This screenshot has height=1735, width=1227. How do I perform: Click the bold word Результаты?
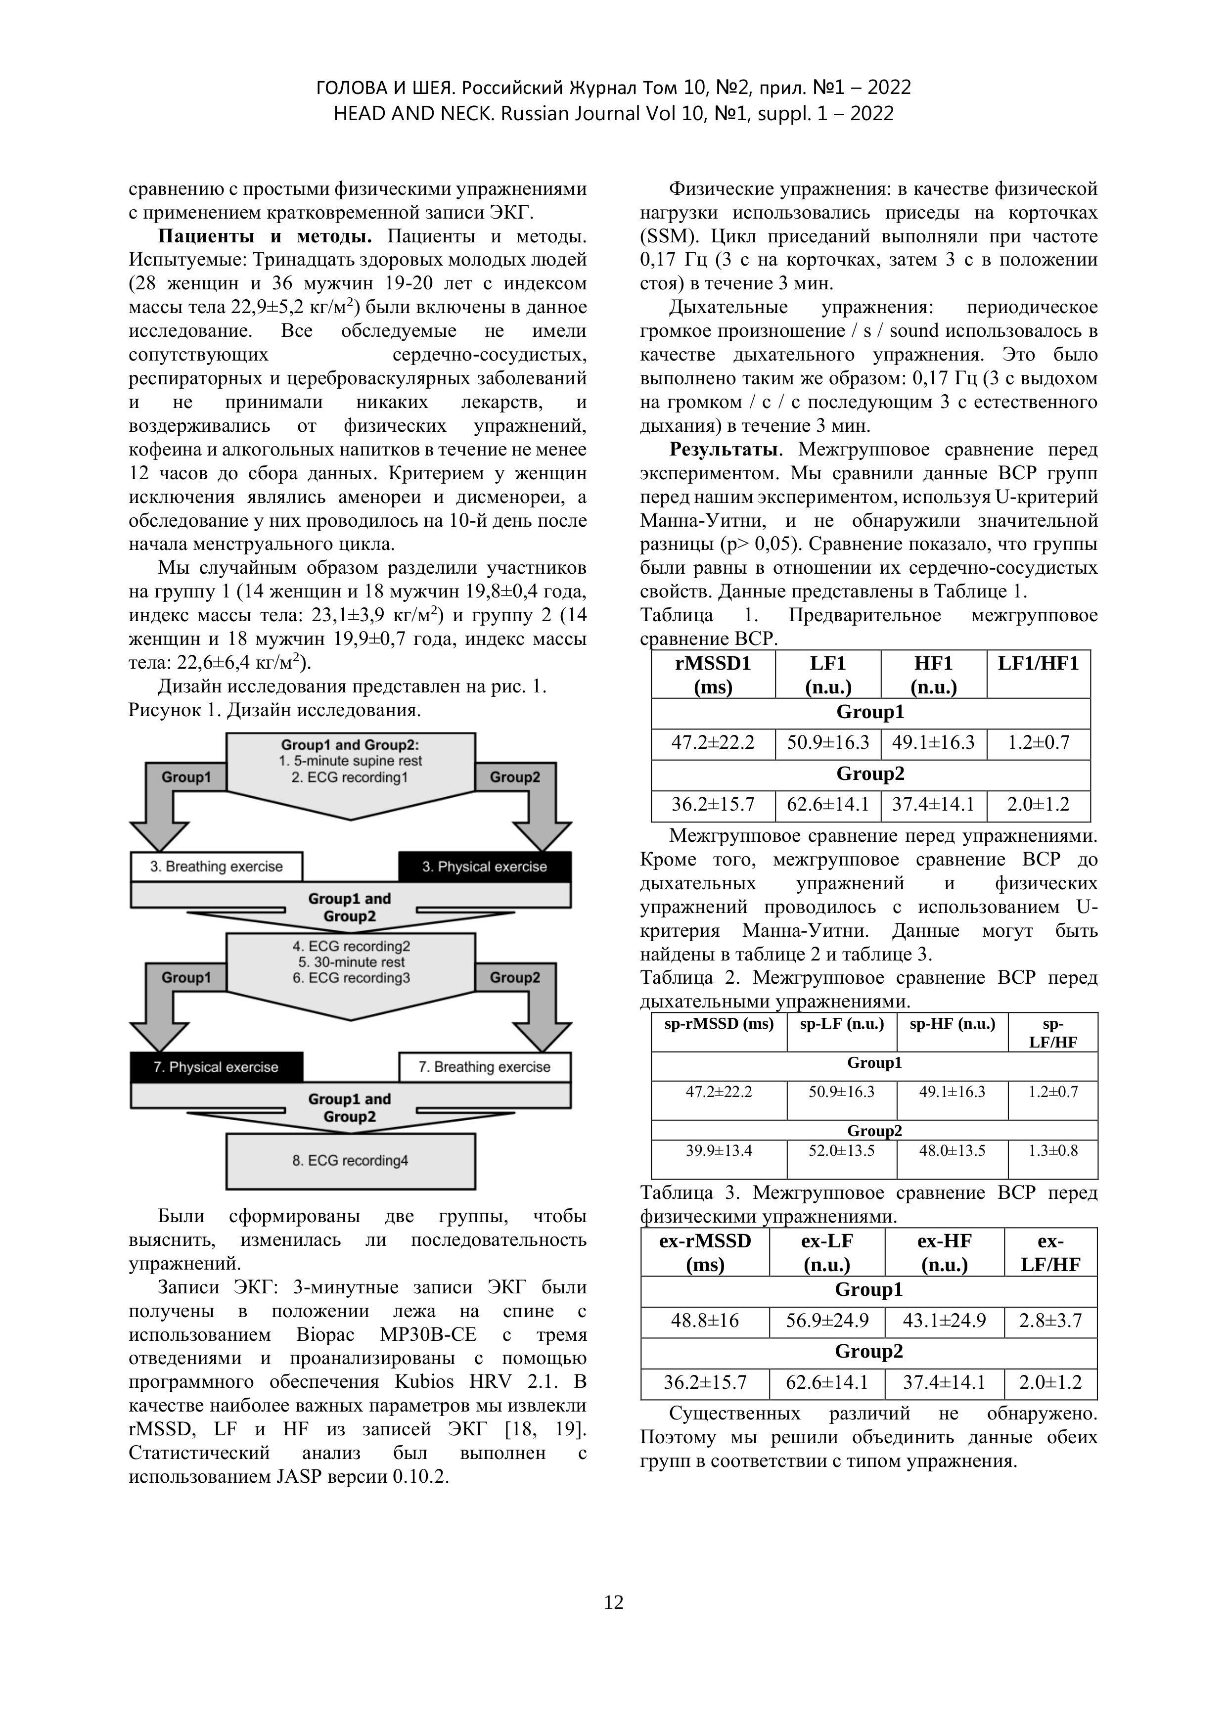(725, 450)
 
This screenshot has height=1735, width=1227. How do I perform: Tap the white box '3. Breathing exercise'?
(216, 867)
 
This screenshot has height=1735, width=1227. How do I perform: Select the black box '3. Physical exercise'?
(484, 867)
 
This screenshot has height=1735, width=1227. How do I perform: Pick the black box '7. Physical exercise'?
(216, 1067)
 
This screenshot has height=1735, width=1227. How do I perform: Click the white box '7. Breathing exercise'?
(484, 1067)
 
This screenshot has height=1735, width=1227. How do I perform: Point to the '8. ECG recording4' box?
(351, 1160)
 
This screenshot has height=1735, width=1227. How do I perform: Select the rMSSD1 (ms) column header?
(713, 674)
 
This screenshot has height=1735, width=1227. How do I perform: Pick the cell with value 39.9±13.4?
(719, 1151)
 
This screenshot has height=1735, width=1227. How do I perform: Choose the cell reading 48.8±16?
(704, 1321)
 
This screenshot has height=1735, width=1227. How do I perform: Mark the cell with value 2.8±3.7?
(1050, 1321)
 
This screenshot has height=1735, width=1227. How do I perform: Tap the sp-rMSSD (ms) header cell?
(719, 1024)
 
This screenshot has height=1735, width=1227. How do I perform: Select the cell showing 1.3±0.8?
(1052, 1151)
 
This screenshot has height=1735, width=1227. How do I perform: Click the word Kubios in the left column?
(425, 1382)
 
